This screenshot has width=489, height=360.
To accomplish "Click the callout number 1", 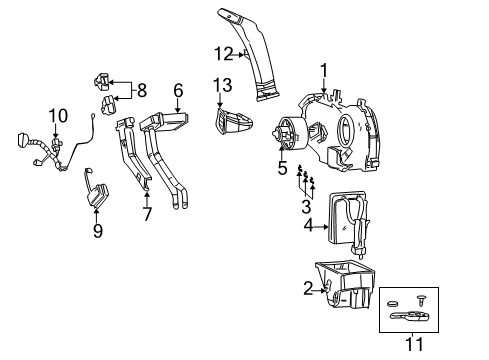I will [x=323, y=69].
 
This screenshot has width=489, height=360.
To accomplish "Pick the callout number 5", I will [x=283, y=169].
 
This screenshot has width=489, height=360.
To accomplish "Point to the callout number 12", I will [x=227, y=52].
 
